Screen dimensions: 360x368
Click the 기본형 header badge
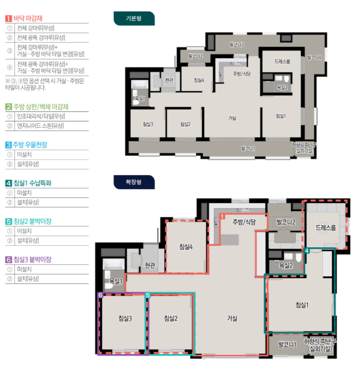(x=134, y=18)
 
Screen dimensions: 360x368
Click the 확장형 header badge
(x=134, y=182)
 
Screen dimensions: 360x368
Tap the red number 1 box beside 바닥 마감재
(x=9, y=18)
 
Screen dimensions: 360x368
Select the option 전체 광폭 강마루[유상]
(x=41, y=37)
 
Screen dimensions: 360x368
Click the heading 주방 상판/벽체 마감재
(x=41, y=107)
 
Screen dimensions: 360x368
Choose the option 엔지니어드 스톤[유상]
(x=40, y=126)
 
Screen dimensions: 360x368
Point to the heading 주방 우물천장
(x=30, y=145)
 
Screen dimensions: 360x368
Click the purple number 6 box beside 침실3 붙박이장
(x=9, y=259)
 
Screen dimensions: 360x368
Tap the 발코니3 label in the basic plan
(x=237, y=45)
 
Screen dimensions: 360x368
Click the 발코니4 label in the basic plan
(x=315, y=57)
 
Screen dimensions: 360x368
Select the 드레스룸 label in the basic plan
(x=282, y=62)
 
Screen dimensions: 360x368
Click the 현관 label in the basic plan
(x=169, y=80)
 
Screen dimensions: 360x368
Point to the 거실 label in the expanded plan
(x=232, y=318)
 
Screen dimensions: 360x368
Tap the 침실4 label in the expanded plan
(x=186, y=247)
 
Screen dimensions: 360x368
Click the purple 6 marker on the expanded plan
(x=100, y=295)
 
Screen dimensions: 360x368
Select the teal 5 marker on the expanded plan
(x=148, y=295)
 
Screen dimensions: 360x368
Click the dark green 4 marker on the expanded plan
(x=306, y=251)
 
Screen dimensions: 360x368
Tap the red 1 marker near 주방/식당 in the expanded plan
(x=223, y=216)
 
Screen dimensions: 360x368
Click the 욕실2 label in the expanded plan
(x=286, y=266)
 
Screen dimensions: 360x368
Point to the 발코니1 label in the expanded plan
(x=287, y=345)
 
